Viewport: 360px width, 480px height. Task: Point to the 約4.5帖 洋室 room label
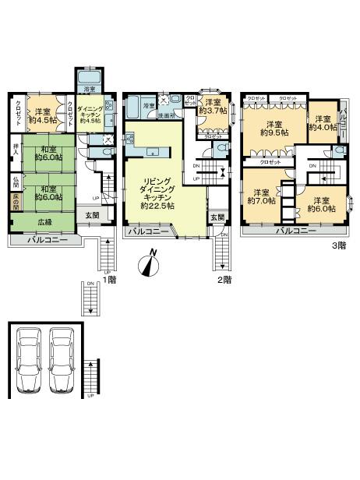43,115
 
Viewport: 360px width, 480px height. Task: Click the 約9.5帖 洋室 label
273,129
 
